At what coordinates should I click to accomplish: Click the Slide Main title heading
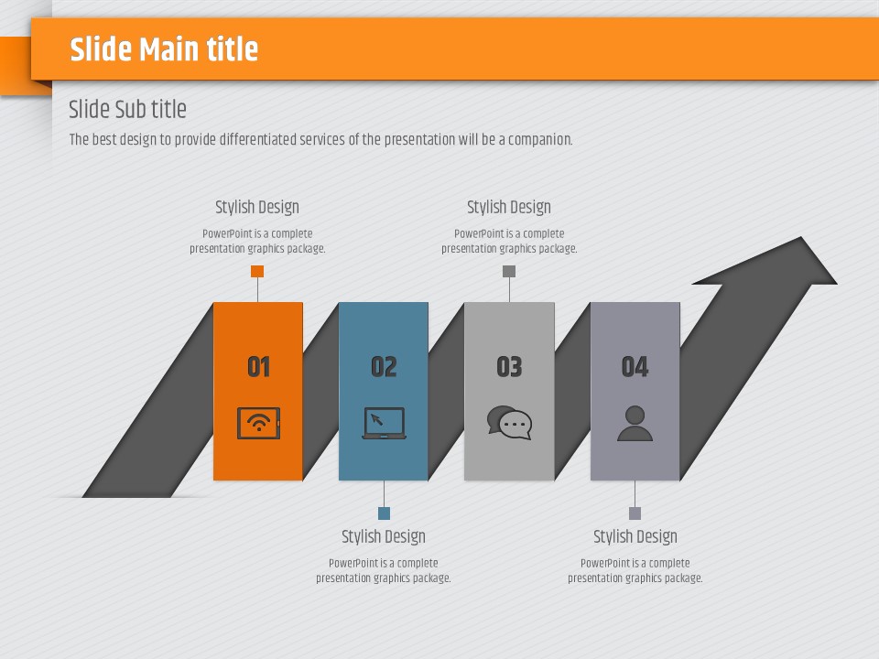(164, 49)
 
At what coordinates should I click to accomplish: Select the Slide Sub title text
(127, 109)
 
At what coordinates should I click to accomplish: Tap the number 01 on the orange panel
(258, 366)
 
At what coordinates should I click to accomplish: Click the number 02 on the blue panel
(384, 366)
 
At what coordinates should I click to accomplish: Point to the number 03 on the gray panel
(509, 366)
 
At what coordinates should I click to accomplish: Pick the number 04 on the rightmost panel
(635, 366)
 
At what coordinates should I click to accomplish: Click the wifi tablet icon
(258, 423)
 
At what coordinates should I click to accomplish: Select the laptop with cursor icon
(384, 423)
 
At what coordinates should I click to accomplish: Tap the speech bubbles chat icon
(509, 423)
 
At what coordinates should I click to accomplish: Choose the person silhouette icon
(635, 423)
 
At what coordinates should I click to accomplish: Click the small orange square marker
(257, 271)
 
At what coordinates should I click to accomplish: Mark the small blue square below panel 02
(384, 513)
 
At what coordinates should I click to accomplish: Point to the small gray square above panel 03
(509, 271)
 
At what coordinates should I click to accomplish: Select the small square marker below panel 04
(635, 513)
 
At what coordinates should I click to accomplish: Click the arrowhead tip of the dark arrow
(802, 237)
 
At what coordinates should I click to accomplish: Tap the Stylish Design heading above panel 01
(257, 208)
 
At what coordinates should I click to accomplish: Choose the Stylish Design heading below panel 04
(635, 537)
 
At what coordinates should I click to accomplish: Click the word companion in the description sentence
(540, 139)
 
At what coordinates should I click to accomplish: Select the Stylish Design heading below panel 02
(384, 537)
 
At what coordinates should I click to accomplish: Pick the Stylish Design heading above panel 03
(509, 208)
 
